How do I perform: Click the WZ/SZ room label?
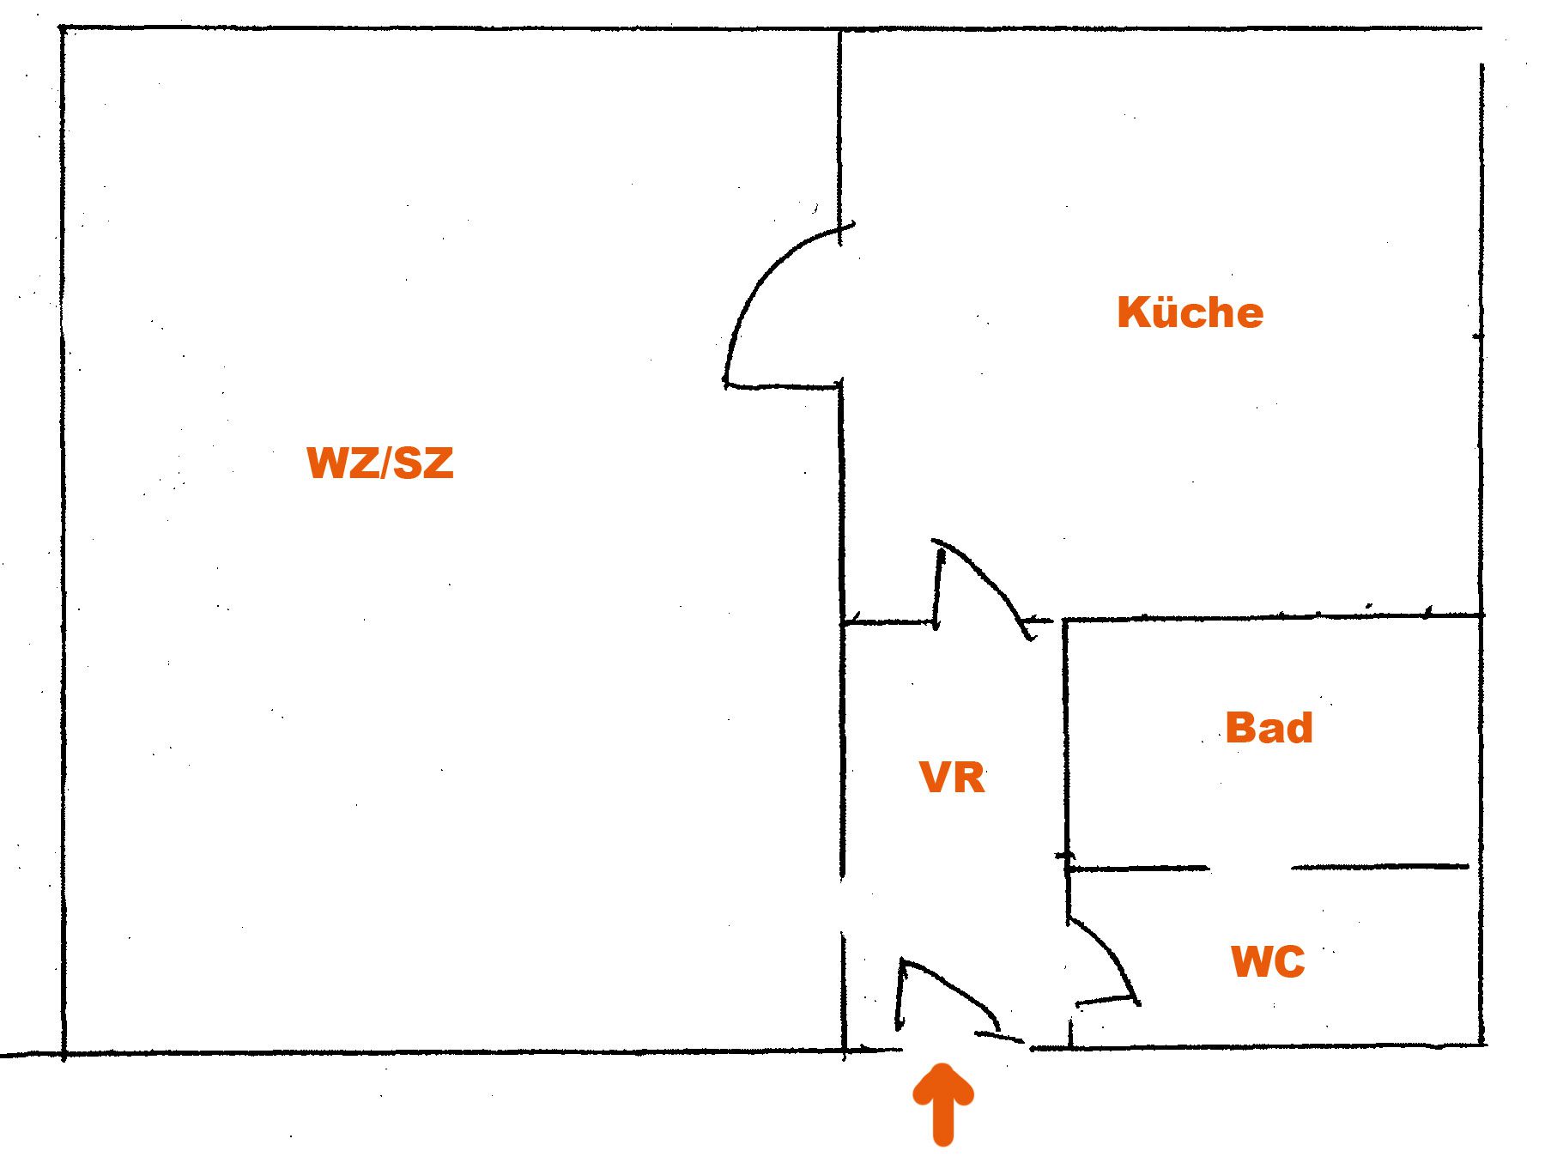(380, 463)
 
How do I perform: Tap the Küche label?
(1190, 312)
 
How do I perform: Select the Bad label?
(1269, 727)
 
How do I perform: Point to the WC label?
(1268, 961)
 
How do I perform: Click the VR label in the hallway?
(952, 778)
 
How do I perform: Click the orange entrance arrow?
(942, 1104)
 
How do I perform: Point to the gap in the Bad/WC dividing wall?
(1251, 868)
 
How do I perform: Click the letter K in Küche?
(1133, 312)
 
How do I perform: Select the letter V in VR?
(935, 778)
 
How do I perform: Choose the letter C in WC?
(1290, 961)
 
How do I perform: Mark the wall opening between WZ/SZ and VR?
(843, 906)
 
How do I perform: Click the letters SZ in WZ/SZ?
(423, 463)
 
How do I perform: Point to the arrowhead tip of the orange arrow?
(943, 1065)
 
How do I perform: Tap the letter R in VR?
(970, 778)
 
